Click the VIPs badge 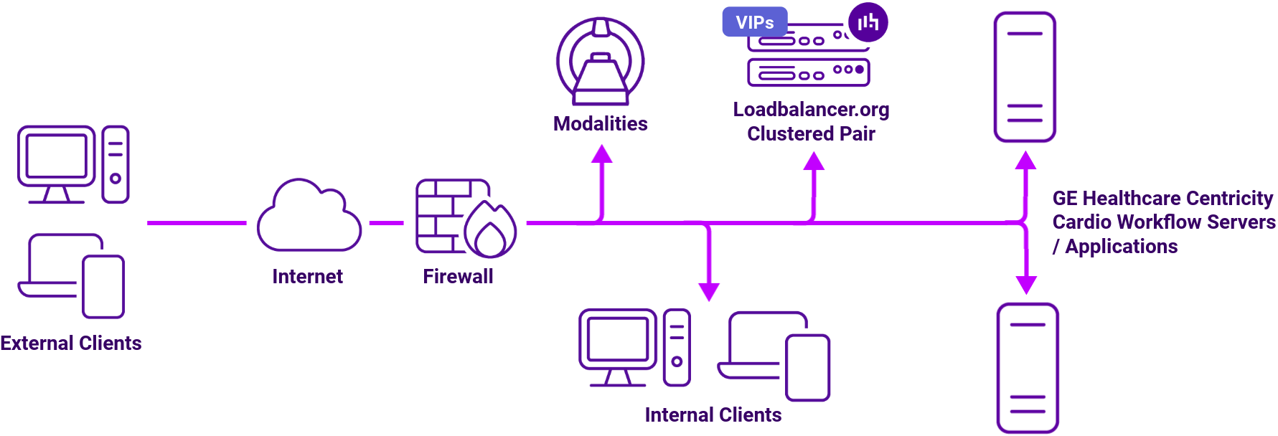[x=754, y=22]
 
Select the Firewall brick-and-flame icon [x=465, y=218]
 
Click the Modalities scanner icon [x=601, y=62]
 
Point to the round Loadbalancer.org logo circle [x=868, y=22]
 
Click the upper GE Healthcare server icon [x=1024, y=77]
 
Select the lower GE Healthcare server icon [x=1028, y=368]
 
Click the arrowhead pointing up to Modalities [x=601, y=154]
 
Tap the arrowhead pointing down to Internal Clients [x=709, y=290]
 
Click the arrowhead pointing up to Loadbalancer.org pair [x=813, y=162]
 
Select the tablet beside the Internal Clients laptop [x=807, y=367]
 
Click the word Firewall [x=458, y=277]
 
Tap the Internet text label [x=307, y=277]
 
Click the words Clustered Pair [x=811, y=134]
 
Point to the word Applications [x=1121, y=247]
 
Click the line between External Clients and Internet [x=196, y=223]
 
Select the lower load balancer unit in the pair [x=808, y=72]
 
